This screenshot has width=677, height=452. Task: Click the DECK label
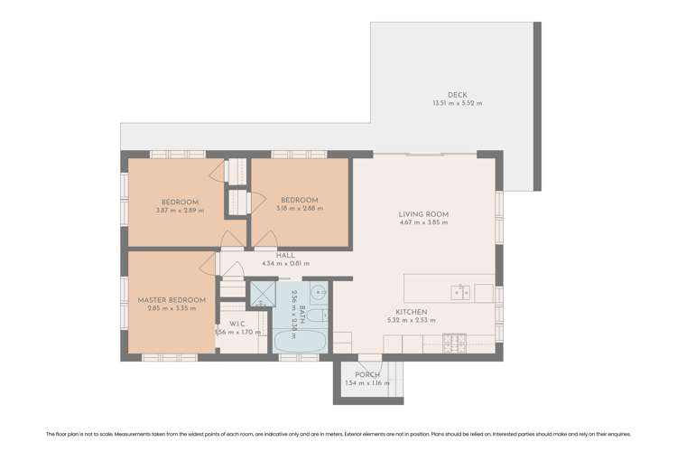(x=458, y=95)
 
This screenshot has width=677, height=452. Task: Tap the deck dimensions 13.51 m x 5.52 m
(x=458, y=104)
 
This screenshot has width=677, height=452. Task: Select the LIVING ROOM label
(x=423, y=214)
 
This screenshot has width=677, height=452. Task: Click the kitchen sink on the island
(x=460, y=291)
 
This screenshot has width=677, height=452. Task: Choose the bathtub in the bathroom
(x=298, y=342)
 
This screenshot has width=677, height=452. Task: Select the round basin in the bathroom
(x=318, y=292)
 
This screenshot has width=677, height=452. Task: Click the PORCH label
(x=367, y=374)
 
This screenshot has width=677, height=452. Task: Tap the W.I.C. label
(x=237, y=324)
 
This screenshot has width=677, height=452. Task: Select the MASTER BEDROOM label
(x=172, y=299)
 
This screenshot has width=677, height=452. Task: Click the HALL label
(x=285, y=256)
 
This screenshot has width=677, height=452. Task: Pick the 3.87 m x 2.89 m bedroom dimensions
(x=180, y=211)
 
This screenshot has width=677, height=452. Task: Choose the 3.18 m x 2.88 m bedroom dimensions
(x=299, y=209)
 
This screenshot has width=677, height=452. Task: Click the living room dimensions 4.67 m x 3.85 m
(x=423, y=223)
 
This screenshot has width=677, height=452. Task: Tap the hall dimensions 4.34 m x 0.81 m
(x=285, y=264)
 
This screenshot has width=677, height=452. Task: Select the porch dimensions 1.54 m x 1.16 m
(x=367, y=383)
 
